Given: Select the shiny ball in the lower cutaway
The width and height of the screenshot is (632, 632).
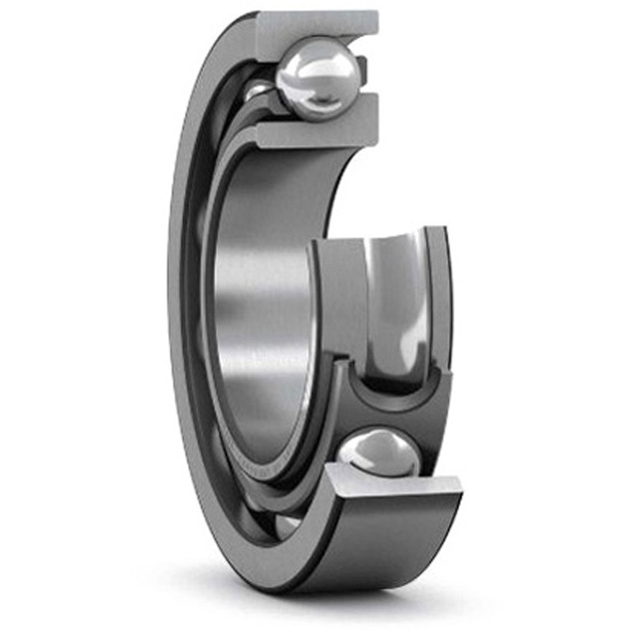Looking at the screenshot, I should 378,454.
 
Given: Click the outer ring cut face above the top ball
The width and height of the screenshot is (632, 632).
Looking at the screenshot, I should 316,24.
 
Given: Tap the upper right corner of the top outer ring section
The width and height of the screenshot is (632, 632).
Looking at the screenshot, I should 376,13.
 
